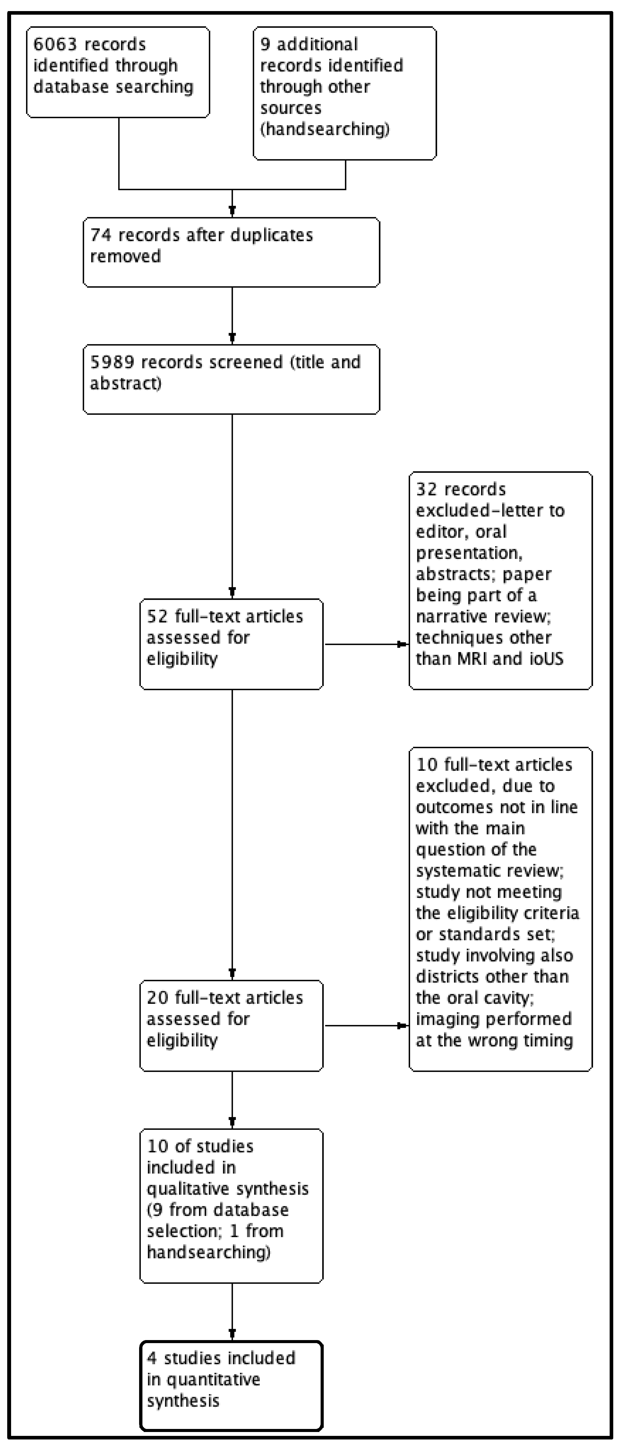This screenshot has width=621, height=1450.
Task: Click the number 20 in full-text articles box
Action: [x=157, y=998]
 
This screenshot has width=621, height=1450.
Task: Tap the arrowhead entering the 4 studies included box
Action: [x=232, y=1335]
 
